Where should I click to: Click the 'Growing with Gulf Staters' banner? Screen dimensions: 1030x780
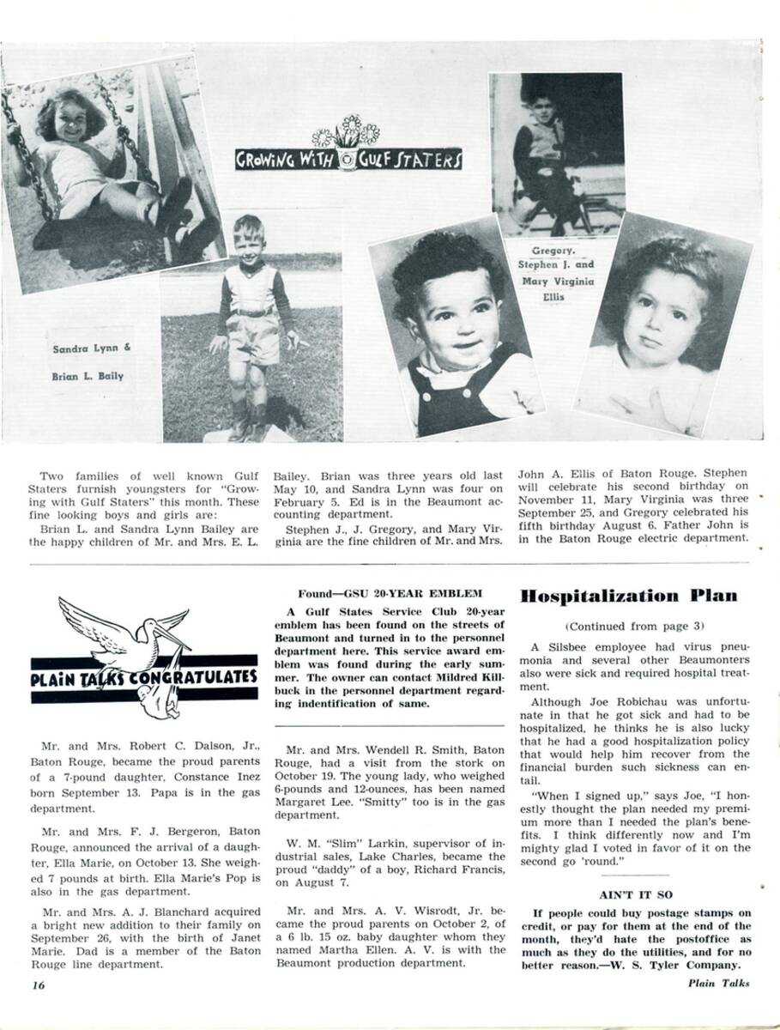(349, 159)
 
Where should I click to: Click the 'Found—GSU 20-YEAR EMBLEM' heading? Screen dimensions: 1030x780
(390, 593)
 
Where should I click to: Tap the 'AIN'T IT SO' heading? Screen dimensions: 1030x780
(634, 894)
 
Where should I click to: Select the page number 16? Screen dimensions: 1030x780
(39, 985)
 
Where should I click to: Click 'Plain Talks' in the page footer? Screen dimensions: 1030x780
(718, 984)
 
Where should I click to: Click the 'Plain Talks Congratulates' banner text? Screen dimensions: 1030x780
(144, 675)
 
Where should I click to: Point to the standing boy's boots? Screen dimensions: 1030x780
(249, 421)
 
